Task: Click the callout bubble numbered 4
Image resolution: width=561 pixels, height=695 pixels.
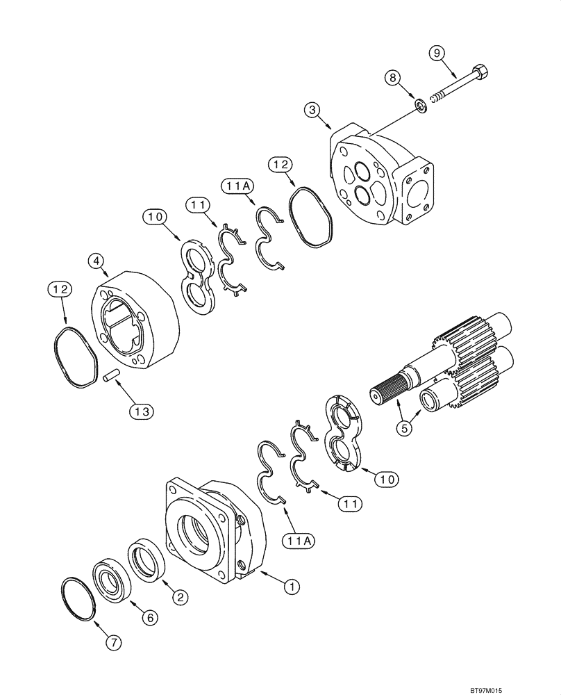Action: click(x=97, y=262)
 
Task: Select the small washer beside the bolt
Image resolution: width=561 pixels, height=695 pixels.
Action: click(x=421, y=104)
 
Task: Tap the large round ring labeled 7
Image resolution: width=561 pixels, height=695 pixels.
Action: click(x=76, y=598)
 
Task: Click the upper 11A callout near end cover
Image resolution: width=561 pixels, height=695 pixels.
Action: click(x=236, y=186)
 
